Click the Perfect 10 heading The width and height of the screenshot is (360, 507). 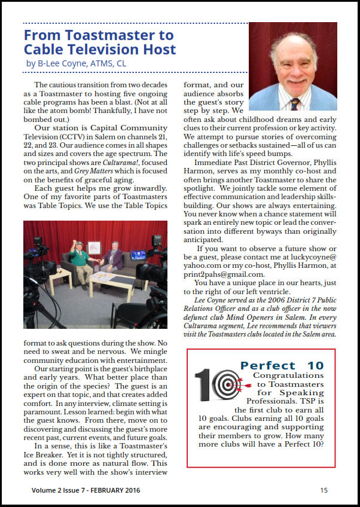coord(282,365)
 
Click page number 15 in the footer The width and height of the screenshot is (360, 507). coord(324,490)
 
